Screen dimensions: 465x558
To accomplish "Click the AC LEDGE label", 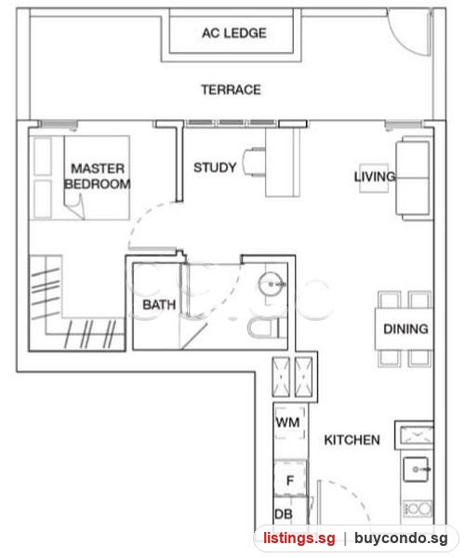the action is tap(234, 33).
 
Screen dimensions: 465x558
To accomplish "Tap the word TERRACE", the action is tap(232, 89).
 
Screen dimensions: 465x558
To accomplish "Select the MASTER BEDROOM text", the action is tap(97, 176).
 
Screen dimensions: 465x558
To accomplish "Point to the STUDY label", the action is tap(215, 167).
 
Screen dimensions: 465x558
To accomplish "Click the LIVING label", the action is tap(375, 177).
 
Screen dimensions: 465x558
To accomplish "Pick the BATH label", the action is tap(159, 305).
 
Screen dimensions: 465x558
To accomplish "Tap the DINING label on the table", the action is tap(405, 329).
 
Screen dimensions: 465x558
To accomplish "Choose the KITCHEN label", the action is tap(352, 440).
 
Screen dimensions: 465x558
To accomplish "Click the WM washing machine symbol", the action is tap(290, 423).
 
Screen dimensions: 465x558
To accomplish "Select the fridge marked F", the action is tap(290, 479).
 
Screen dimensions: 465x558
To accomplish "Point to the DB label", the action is tap(284, 514).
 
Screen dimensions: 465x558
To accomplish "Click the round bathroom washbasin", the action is tap(272, 284).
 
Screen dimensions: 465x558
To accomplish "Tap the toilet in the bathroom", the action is tap(265, 327).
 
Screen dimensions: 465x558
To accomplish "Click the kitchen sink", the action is tap(416, 470).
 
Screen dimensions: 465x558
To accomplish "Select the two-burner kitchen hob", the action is tap(418, 509).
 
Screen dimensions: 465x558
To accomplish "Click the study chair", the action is tap(254, 162).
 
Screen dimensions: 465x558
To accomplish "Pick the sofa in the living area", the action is tap(413, 178).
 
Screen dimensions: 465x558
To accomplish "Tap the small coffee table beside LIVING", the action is tap(373, 178).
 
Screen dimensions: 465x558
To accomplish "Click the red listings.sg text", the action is tap(299, 538).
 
